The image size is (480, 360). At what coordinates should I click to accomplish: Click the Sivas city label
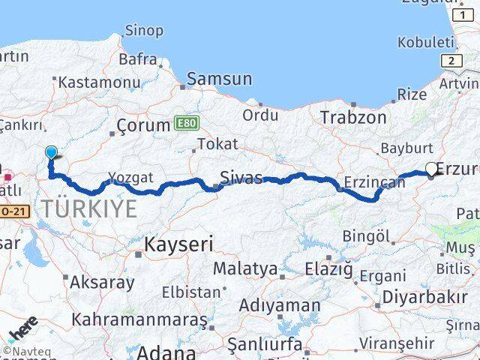coord(241,178)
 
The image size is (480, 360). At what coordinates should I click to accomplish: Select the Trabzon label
coord(353,118)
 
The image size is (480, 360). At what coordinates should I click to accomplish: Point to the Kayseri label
coord(178,244)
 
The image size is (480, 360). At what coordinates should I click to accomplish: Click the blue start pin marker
coord(51,153)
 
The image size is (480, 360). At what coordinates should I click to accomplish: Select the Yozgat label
coord(130,177)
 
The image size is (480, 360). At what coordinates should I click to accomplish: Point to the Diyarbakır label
coord(424,297)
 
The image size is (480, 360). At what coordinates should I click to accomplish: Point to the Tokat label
coord(218,143)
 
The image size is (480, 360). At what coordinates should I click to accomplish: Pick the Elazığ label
coord(328,268)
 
